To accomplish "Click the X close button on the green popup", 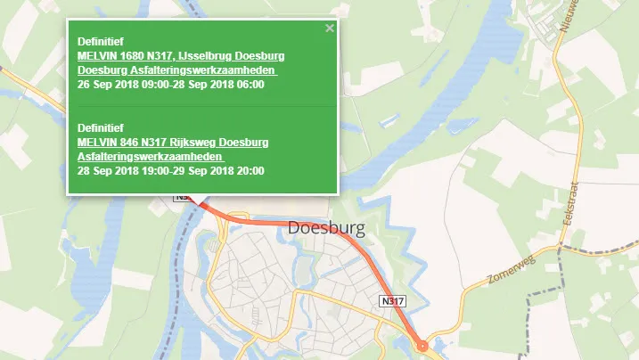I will click(330, 29).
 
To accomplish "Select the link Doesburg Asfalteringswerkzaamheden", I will click(177, 70).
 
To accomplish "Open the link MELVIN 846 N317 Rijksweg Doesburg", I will click(173, 143).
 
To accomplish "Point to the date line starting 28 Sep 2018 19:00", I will click(171, 170).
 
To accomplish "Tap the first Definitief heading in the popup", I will click(101, 41).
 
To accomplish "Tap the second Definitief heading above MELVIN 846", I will click(101, 128).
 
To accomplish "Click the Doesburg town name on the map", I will click(326, 230).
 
